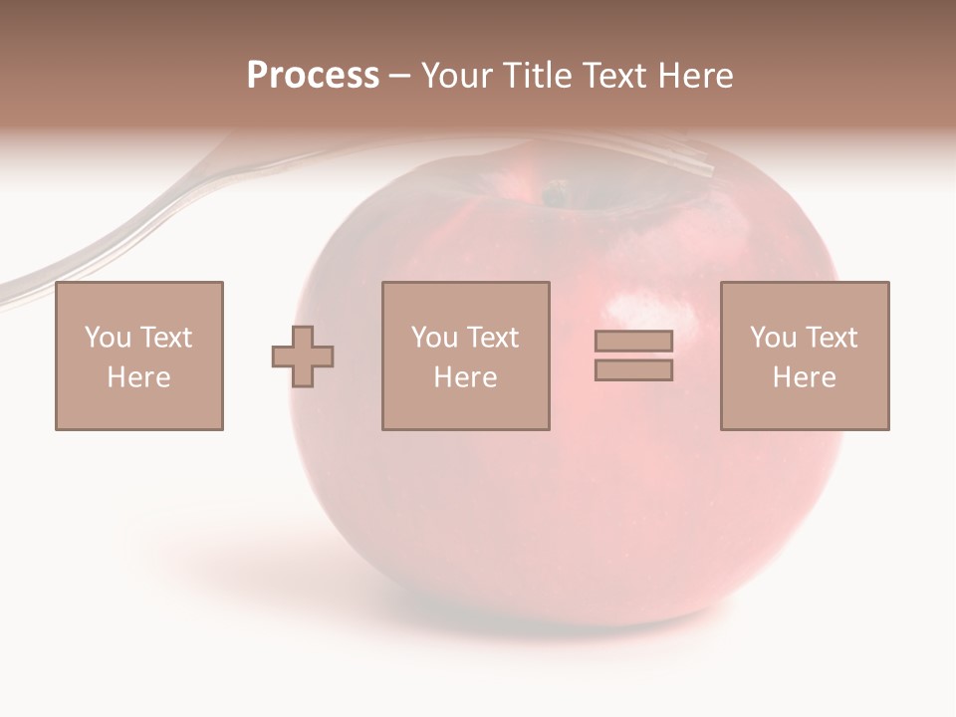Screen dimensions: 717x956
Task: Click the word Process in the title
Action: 313,76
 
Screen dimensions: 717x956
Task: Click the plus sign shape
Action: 303,356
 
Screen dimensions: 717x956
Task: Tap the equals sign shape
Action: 633,356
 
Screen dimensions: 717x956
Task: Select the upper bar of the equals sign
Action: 633,341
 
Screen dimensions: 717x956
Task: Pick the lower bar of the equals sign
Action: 633,369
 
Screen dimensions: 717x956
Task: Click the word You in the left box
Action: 107,338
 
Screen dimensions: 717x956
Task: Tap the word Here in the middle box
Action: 466,377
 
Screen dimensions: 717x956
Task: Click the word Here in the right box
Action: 805,377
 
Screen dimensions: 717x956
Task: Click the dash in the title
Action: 400,77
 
